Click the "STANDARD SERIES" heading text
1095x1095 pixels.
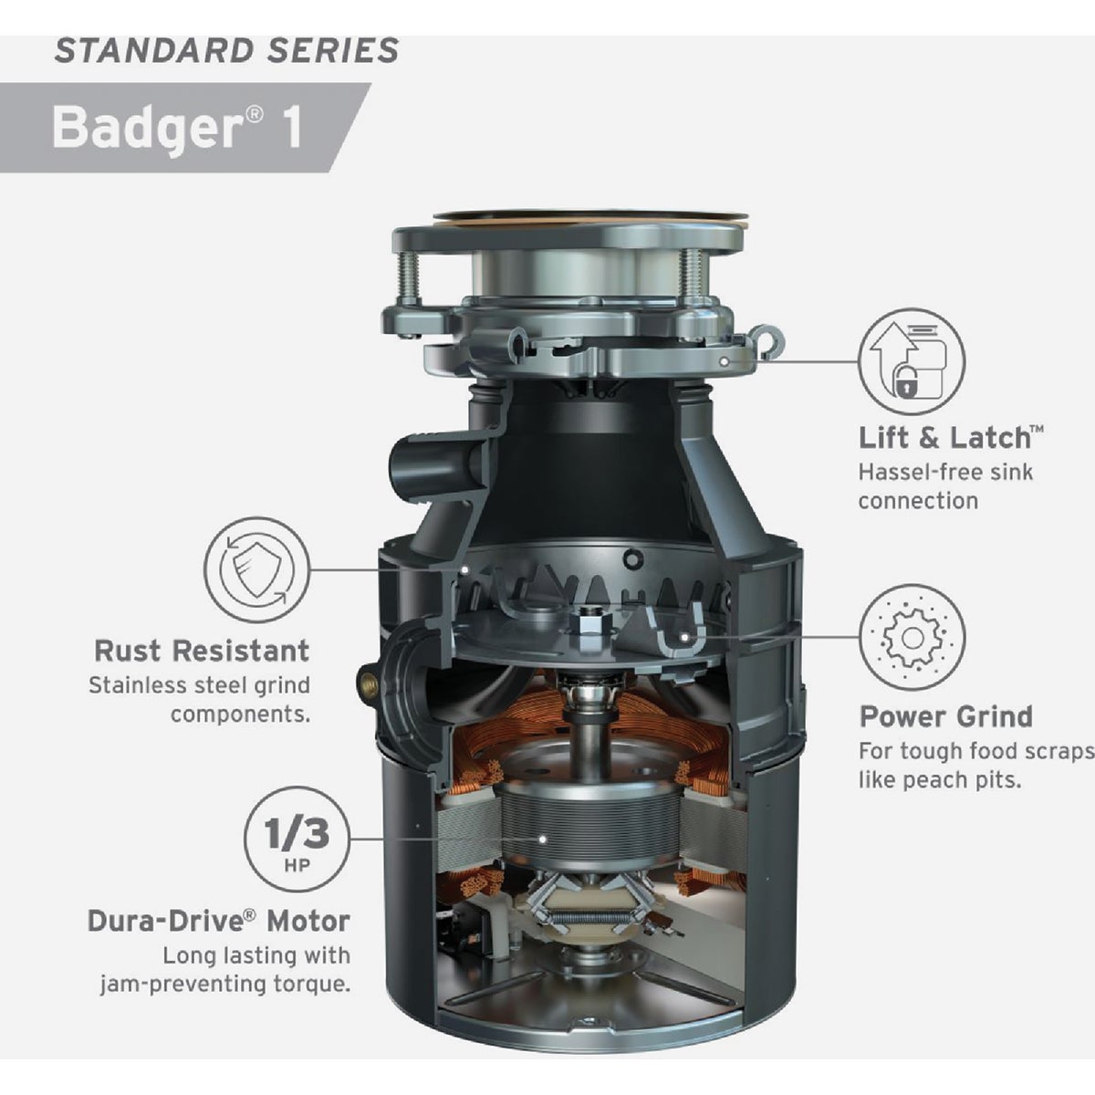coord(226,50)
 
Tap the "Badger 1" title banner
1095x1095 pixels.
coord(178,127)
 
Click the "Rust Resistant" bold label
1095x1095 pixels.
coord(202,651)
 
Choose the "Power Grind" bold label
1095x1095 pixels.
coord(946,716)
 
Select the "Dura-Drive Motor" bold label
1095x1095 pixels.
coord(219,921)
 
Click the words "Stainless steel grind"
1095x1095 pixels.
coord(199,684)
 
